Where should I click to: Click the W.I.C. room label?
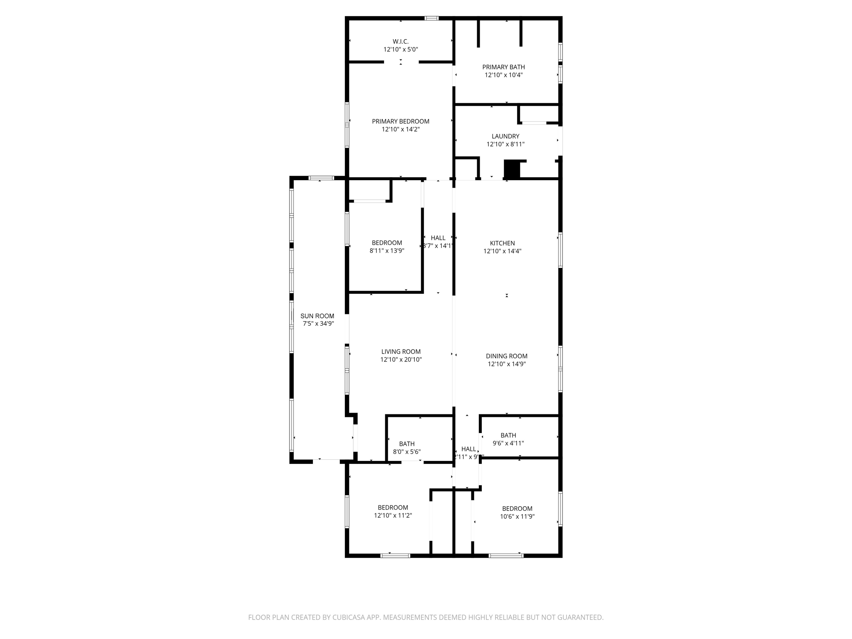click(x=400, y=42)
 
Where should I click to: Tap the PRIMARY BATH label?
click(x=503, y=67)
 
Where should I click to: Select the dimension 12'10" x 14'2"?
click(x=400, y=129)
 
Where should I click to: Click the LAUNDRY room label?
click(x=505, y=136)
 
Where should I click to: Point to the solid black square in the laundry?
click(x=512, y=169)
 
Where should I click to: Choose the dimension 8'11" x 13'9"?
click(x=386, y=251)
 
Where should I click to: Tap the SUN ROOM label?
click(x=317, y=316)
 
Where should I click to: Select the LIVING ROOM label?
click(x=401, y=352)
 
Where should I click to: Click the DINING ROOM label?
click(x=506, y=356)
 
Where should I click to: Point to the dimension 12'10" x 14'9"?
click(x=506, y=364)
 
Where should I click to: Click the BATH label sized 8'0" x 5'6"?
click(x=406, y=444)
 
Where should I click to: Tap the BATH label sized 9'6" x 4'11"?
click(x=508, y=436)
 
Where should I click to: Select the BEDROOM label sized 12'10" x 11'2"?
click(x=392, y=508)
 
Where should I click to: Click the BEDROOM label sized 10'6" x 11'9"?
click(x=517, y=508)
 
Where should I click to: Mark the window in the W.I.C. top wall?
click(x=431, y=18)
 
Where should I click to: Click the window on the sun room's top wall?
click(x=321, y=178)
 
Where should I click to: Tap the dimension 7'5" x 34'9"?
click(x=317, y=324)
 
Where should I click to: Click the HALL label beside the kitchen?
click(x=438, y=238)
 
